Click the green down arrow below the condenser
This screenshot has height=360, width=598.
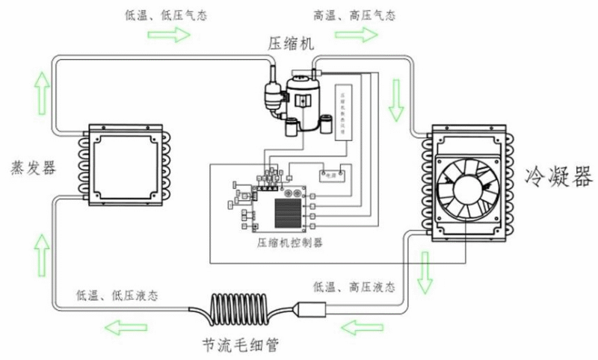pos(426,273)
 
